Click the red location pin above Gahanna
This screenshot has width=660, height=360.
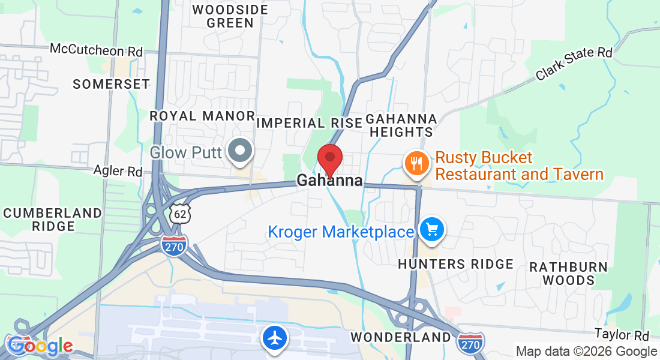pos(329,158)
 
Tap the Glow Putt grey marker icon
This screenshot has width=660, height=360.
pos(242,151)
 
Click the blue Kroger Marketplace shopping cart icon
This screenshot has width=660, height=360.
pos(431,229)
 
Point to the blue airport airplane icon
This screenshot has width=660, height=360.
pos(275,338)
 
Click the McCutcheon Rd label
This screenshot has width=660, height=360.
pos(96,51)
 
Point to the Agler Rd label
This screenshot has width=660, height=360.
pos(118,171)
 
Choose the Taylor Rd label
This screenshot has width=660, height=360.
pos(622,334)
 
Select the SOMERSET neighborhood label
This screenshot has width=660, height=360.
pos(111,84)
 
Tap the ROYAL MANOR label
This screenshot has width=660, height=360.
pos(202,115)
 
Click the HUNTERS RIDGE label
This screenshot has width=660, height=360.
pos(455,264)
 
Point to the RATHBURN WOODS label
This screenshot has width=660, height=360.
pos(568,273)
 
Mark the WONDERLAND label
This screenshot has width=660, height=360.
pos(400,337)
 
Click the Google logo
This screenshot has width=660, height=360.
pos(40,346)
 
